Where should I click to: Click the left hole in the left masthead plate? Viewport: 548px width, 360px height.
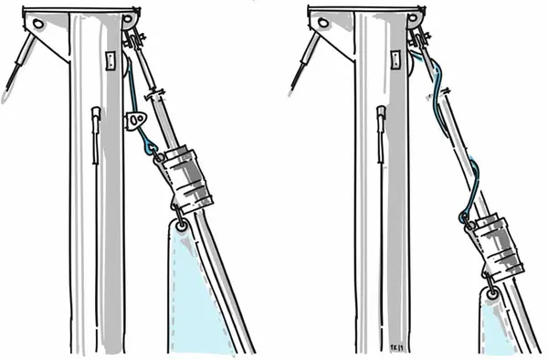tap(38, 23)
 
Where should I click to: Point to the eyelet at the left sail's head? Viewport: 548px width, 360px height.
tap(182, 224)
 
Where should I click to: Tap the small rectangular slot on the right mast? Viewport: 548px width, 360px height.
tap(394, 60)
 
